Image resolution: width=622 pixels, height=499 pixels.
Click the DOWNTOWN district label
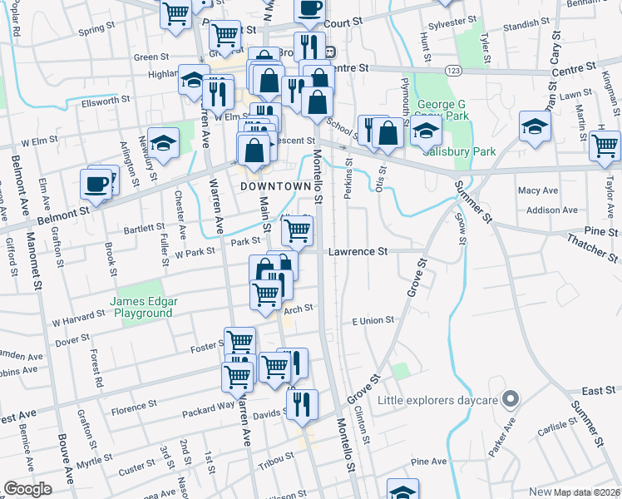click(x=269, y=186)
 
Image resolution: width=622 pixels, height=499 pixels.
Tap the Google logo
click(x=27, y=489)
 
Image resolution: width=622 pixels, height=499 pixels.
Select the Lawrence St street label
click(x=358, y=250)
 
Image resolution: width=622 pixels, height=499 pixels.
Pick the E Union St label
click(x=373, y=320)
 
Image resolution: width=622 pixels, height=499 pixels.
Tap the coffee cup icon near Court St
click(x=309, y=8)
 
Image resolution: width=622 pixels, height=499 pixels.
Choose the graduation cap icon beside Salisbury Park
click(x=426, y=131)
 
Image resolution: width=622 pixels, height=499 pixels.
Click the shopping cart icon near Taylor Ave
click(x=604, y=145)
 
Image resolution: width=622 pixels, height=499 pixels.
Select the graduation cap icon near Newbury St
click(x=164, y=142)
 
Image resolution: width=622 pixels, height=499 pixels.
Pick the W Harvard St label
click(x=79, y=318)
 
